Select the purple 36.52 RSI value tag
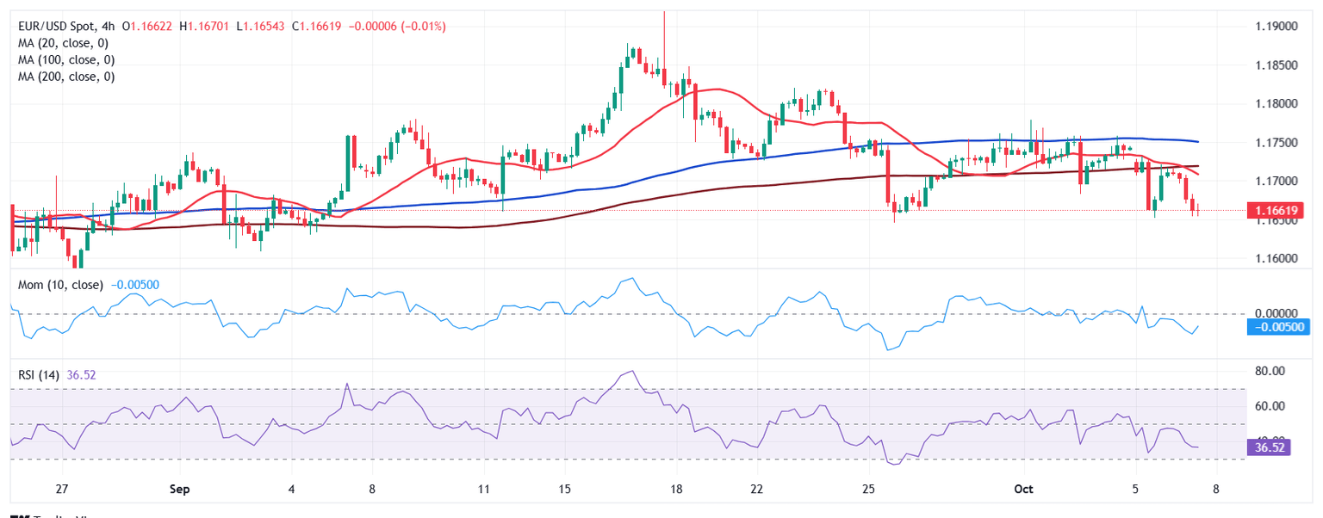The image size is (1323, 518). pos(1269,447)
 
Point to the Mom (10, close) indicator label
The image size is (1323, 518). pos(57,285)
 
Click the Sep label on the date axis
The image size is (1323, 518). pos(180,489)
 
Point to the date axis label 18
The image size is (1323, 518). pos(676,489)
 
